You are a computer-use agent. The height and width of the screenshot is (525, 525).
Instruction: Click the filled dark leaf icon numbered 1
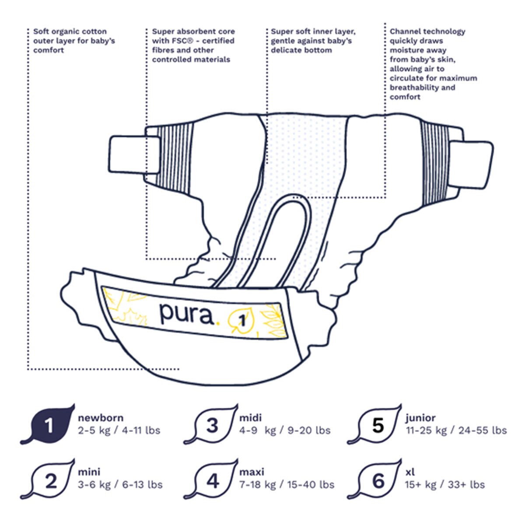click(48, 424)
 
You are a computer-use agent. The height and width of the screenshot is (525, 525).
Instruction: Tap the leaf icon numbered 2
click(48, 479)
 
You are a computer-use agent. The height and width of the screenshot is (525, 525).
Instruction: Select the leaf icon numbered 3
click(211, 424)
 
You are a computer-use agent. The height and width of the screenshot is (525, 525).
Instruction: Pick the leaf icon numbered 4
click(211, 479)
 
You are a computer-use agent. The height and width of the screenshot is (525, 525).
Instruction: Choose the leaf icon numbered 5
click(375, 424)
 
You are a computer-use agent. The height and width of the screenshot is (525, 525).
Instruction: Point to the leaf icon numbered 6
click(375, 479)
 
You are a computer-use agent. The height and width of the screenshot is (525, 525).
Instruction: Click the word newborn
click(101, 418)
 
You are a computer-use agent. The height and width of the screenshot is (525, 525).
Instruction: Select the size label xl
click(410, 472)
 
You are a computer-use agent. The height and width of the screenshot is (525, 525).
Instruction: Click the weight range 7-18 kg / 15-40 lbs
click(287, 485)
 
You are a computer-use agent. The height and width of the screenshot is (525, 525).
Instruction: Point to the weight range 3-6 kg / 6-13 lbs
click(120, 485)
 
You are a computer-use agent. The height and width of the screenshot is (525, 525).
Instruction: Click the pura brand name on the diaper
click(186, 315)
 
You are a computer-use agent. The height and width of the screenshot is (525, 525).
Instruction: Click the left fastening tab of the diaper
click(134, 155)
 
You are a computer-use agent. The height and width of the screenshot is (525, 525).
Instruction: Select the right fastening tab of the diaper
click(470, 165)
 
